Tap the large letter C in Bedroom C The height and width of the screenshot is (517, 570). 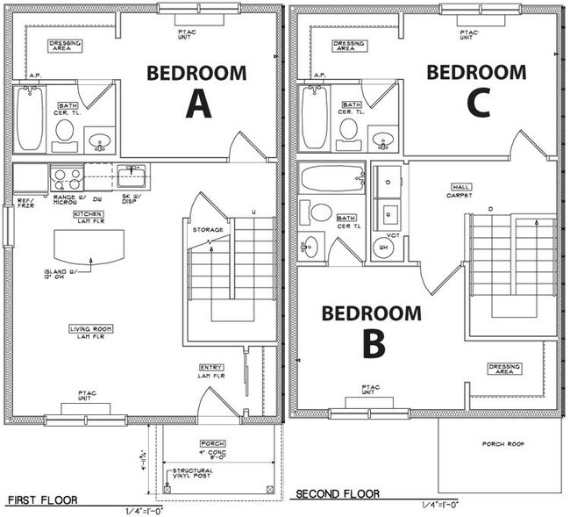click(x=478, y=103)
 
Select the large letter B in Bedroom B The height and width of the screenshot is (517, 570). click(x=374, y=343)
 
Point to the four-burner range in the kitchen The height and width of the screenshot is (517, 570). click(x=68, y=179)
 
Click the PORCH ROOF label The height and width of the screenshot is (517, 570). click(x=502, y=444)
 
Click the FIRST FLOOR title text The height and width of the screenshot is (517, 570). click(x=42, y=499)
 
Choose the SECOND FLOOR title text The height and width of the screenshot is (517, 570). click(x=337, y=494)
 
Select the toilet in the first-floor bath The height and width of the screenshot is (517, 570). click(x=65, y=132)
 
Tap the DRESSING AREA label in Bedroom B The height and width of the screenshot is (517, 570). click(x=506, y=369)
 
